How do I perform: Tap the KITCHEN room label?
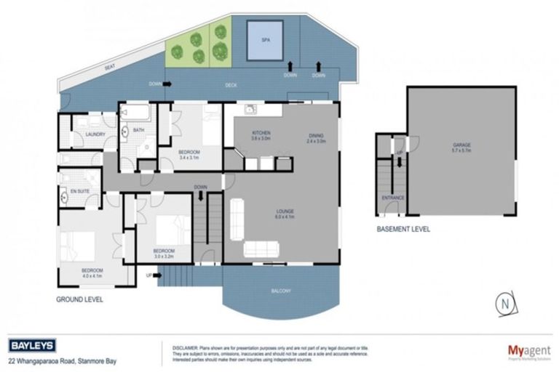[x=261, y=133]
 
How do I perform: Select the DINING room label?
[x=316, y=135]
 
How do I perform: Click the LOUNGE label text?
[x=285, y=211]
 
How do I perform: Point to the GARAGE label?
[x=462, y=145]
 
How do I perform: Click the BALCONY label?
[x=281, y=291]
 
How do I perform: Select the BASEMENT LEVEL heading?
[x=403, y=229]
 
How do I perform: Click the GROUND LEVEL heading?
[x=79, y=298]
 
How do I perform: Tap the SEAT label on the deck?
[x=110, y=68]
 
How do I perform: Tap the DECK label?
[x=231, y=86]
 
